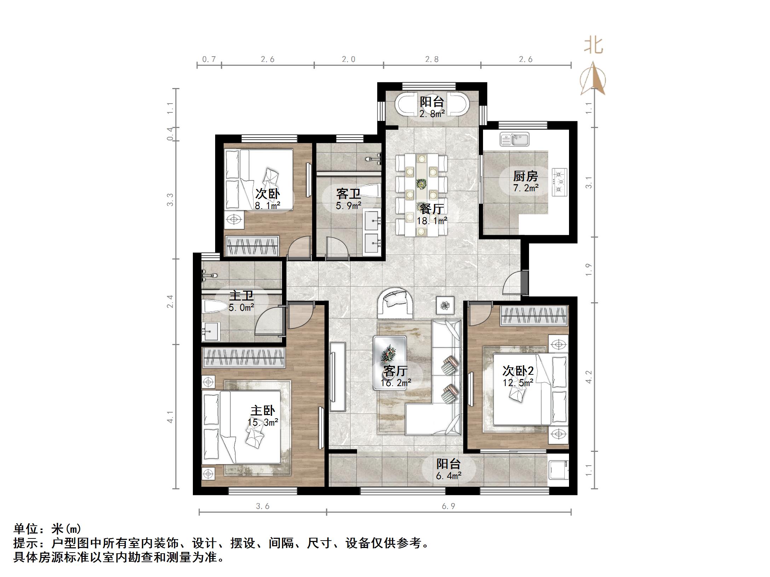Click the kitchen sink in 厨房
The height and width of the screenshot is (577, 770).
[x=515, y=139]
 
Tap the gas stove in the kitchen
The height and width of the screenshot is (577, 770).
[x=559, y=182]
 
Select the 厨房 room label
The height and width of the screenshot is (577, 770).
[x=525, y=176]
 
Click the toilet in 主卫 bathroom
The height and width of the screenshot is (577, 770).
[x=214, y=307]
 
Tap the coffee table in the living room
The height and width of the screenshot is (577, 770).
[x=390, y=363]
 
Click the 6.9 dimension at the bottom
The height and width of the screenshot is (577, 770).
[x=448, y=506]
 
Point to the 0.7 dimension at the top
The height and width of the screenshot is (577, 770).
[x=209, y=59]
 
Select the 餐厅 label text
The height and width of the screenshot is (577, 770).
[x=431, y=209]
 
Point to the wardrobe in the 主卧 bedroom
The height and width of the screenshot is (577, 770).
[x=243, y=357]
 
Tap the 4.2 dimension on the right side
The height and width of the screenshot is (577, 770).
[x=589, y=377]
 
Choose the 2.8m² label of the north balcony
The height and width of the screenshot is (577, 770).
[x=432, y=113]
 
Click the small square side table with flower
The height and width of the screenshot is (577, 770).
[x=445, y=304]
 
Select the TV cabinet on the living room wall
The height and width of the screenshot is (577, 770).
[x=338, y=377]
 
